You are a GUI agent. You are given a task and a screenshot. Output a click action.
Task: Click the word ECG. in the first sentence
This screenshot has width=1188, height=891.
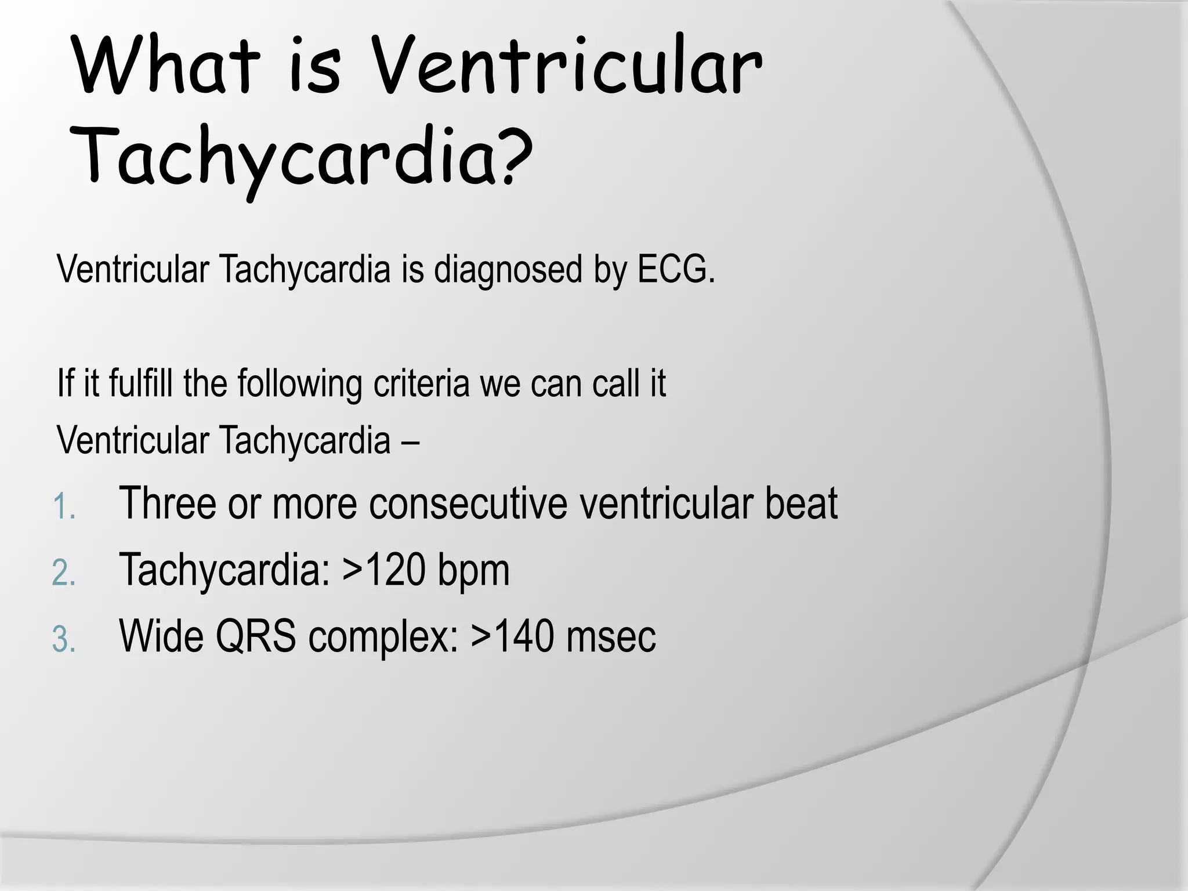point(676,270)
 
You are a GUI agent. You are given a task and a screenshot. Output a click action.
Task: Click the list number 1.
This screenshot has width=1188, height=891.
point(64,507)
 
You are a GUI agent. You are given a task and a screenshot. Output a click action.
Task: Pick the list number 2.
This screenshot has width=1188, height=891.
point(64,574)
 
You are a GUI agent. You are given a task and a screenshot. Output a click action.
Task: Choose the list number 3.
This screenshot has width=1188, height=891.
point(64,641)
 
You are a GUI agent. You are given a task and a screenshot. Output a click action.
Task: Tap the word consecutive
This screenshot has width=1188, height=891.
point(468,504)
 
